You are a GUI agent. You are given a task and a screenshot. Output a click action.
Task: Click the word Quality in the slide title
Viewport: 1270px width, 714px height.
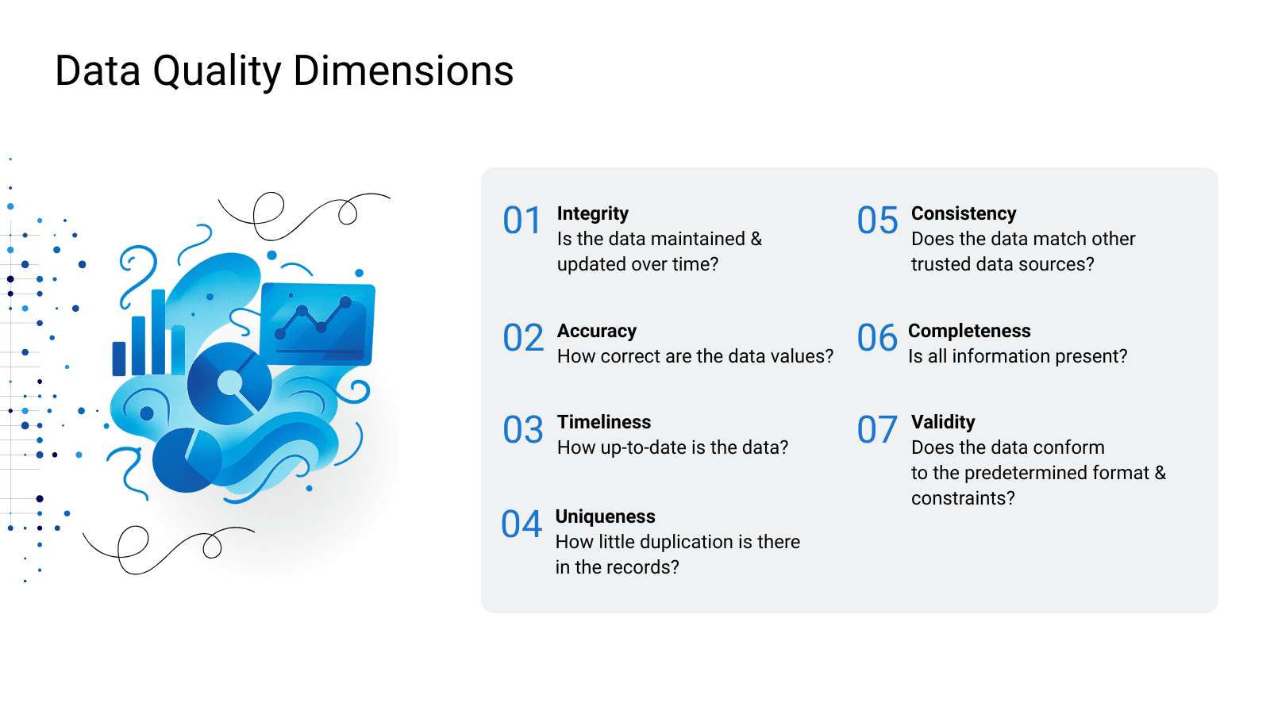coord(217,72)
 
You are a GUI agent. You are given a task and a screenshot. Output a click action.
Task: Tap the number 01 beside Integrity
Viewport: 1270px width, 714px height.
coord(522,220)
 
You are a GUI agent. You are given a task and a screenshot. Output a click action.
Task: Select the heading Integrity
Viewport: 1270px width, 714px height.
coord(592,213)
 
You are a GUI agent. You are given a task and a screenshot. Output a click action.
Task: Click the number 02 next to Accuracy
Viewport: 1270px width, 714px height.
coord(523,338)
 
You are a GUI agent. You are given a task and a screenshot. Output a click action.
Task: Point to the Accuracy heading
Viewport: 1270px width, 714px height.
coord(596,331)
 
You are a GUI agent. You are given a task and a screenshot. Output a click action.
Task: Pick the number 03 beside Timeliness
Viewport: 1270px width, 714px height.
coord(523,429)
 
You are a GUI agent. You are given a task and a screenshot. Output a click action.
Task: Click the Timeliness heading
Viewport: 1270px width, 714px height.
coord(604,422)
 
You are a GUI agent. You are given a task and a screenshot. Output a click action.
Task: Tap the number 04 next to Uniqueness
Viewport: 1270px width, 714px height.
coord(521,524)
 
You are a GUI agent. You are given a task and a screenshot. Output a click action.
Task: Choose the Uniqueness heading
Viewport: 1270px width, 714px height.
coord(605,516)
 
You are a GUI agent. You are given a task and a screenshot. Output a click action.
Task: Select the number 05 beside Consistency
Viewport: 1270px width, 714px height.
coord(877,220)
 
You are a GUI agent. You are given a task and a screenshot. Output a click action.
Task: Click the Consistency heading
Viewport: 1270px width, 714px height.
coord(964,213)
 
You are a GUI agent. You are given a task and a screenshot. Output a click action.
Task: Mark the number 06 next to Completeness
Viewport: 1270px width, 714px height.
coord(876,338)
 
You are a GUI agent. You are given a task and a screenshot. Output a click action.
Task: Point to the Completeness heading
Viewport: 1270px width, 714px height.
coord(969,331)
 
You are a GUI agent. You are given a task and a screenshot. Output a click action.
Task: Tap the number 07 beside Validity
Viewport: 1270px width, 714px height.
coord(876,429)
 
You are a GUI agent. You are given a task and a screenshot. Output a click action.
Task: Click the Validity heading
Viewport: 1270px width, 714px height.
coord(943,422)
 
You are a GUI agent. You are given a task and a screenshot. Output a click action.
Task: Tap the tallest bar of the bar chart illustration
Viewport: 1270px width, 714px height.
coord(158,332)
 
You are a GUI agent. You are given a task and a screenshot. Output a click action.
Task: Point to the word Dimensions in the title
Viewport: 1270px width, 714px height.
coord(403,71)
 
